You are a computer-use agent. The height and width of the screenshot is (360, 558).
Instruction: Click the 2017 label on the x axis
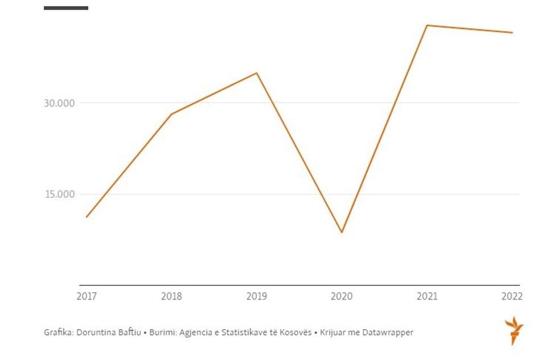pos(87,296)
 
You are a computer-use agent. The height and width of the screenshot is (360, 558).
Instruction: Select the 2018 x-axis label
pos(171,296)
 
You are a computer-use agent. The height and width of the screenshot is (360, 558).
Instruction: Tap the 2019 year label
pos(257,296)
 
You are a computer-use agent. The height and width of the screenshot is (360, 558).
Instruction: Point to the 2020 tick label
pos(342,296)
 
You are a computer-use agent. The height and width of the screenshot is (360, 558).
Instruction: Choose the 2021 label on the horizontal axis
pos(427,296)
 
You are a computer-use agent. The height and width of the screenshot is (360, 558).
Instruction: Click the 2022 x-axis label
pos(512,296)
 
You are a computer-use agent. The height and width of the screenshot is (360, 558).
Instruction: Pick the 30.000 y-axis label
pos(60,103)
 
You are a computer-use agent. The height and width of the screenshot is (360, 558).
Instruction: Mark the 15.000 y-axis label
pos(60,194)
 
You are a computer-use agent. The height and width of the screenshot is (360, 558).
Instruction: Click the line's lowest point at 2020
pos(342,232)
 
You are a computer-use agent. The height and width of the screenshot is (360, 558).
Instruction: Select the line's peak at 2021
pos(427,25)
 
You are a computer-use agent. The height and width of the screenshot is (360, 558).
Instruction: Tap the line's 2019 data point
pos(257,73)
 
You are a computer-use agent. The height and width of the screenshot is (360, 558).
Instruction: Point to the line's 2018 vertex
pos(171,114)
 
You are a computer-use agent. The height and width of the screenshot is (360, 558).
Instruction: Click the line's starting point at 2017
pos(87,217)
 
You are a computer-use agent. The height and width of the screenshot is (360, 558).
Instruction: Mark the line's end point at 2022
pos(512,32)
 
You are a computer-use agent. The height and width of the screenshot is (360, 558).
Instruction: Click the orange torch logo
pos(514,330)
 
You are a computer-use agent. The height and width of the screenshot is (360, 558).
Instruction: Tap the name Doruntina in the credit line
pos(94,332)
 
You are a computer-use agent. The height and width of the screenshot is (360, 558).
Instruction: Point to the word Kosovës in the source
pos(295,332)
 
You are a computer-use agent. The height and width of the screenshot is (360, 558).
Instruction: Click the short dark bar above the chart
pos(66,8)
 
